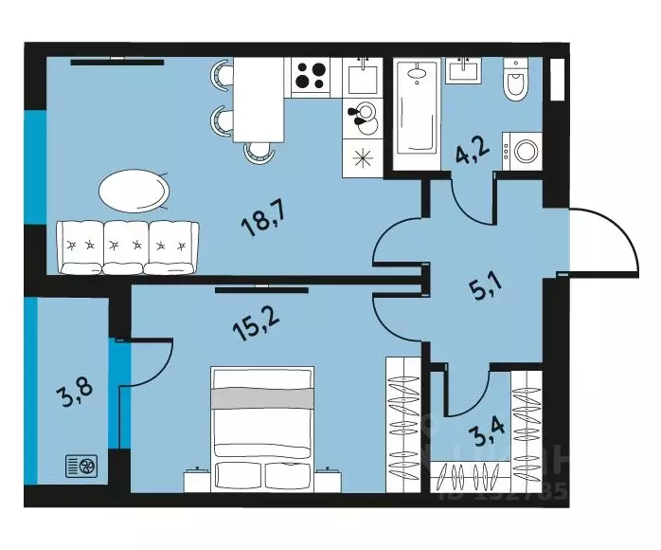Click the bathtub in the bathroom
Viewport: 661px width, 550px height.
[x=415, y=114]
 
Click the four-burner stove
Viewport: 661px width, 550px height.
[x=310, y=76]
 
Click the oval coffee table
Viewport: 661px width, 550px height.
[x=135, y=191]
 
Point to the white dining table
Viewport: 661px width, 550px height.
[x=259, y=99]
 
